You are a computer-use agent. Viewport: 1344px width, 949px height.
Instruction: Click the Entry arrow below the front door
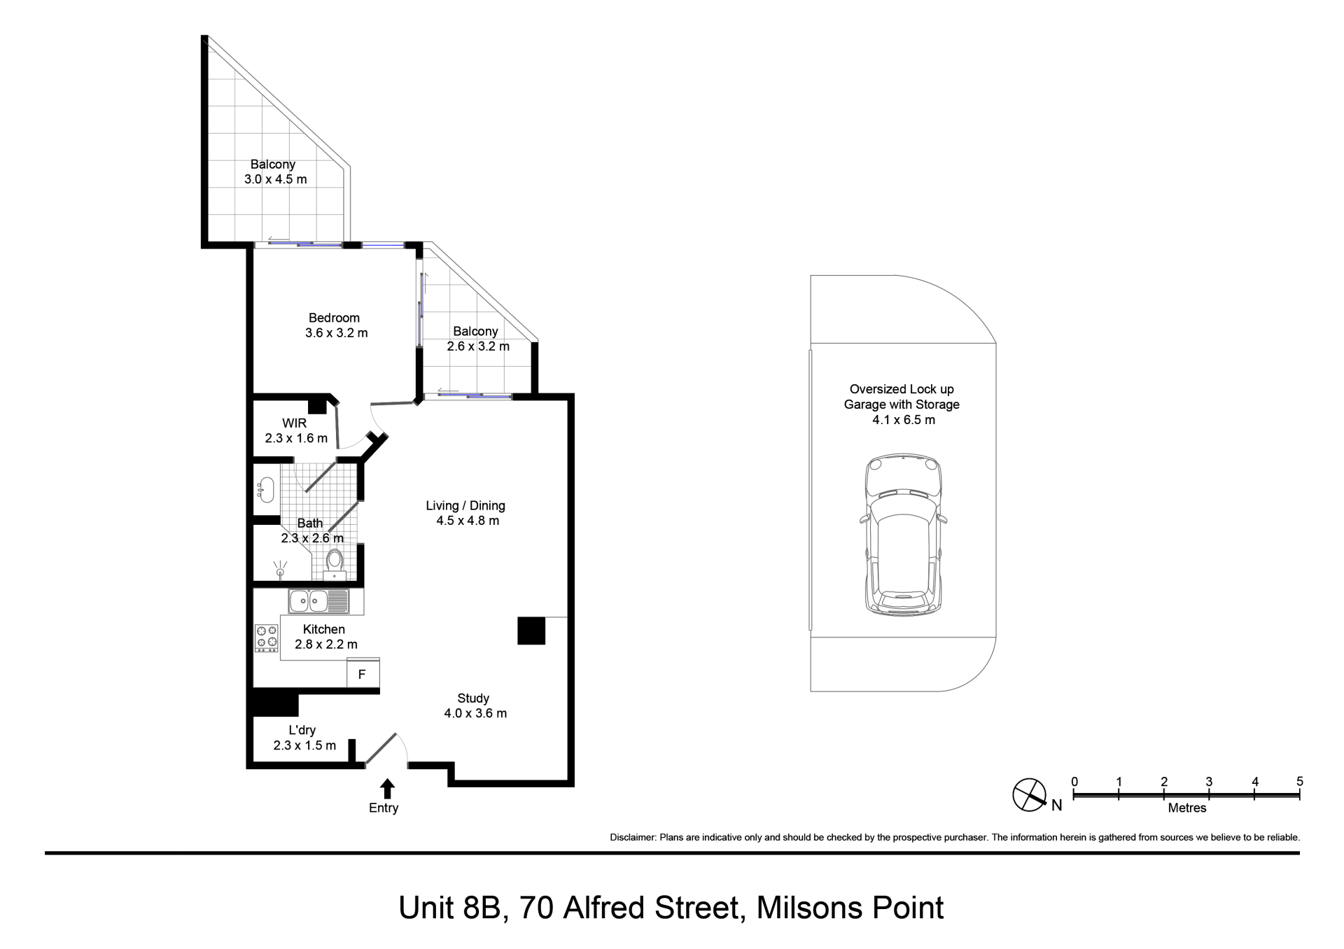387,789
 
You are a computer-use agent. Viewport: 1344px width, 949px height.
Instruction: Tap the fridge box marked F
363,675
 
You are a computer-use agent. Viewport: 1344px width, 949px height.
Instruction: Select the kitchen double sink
318,601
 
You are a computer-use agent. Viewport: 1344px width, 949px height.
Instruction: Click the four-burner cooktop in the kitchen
267,638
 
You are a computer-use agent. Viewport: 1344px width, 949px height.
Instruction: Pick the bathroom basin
265,489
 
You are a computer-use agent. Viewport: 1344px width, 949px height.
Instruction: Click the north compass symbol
1030,795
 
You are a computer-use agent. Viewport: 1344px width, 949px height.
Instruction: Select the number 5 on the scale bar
1299,782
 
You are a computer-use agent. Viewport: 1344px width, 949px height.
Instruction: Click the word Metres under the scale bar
1187,808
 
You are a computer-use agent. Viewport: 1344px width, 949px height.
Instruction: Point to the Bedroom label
335,318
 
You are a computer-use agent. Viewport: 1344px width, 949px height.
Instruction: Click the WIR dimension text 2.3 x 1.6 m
296,438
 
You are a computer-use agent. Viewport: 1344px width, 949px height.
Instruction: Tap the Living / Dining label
465,505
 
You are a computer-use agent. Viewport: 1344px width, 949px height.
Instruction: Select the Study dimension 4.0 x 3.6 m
475,713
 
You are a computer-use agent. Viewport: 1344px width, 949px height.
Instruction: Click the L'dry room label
302,730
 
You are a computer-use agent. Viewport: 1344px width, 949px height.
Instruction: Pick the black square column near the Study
531,631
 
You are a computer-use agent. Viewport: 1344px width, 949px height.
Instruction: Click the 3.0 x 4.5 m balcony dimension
275,179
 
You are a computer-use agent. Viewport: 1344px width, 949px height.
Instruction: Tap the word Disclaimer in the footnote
633,837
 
